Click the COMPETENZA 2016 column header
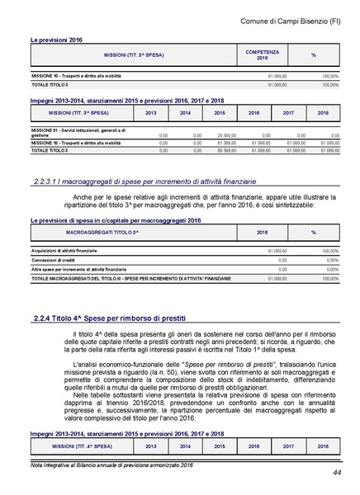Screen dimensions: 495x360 263,55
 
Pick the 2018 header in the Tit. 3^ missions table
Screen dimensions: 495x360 323,112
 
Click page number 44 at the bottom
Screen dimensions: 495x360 338,473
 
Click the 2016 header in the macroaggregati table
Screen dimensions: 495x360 263,233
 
